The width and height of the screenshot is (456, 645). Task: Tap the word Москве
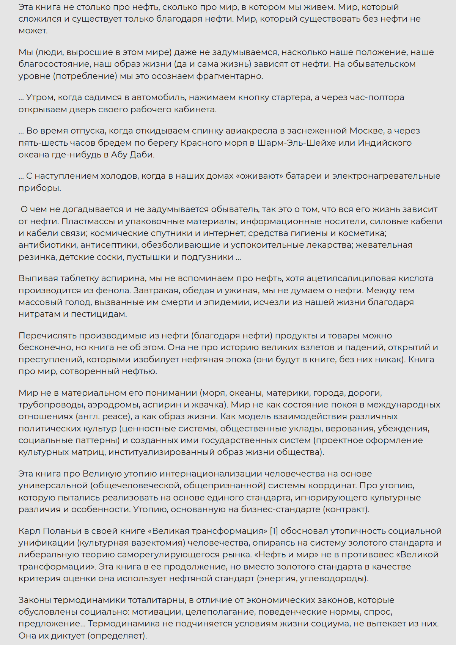coord(366,131)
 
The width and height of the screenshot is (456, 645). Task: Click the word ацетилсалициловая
coord(351,278)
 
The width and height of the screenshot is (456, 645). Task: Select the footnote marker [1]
coord(274,531)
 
